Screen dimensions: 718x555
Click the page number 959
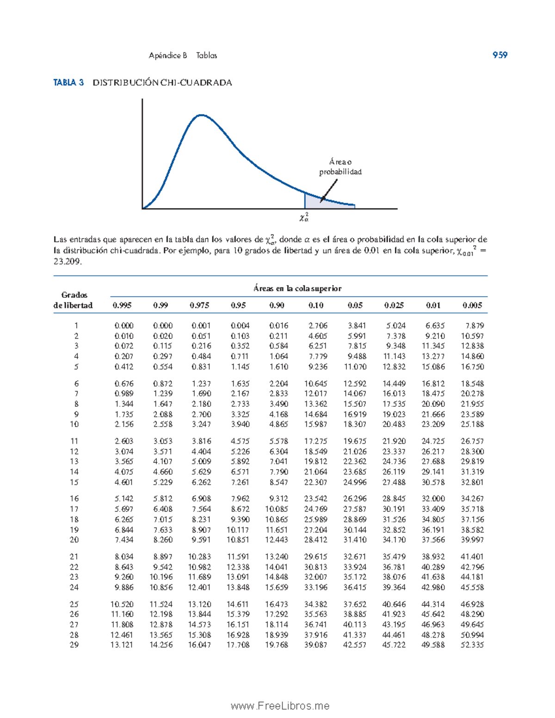coord(499,55)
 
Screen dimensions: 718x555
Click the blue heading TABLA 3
coord(68,83)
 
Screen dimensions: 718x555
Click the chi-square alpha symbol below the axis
coord(304,217)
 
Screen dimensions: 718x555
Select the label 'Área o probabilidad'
coord(340,167)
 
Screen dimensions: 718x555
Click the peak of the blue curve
coord(201,115)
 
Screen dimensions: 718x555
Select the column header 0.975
coord(199,305)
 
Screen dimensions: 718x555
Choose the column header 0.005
coord(472,305)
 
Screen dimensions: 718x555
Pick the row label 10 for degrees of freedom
coord(74,424)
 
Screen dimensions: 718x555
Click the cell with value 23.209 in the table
coord(433,424)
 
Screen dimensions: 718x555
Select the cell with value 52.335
coord(472,645)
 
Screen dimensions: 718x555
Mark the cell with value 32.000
coord(433,499)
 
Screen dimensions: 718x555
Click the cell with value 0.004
coord(240,325)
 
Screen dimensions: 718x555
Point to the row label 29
coord(74,645)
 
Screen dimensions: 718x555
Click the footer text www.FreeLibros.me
coord(280,706)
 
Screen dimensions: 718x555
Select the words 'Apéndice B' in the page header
coord(167,55)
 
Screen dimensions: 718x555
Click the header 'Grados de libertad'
coord(74,300)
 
